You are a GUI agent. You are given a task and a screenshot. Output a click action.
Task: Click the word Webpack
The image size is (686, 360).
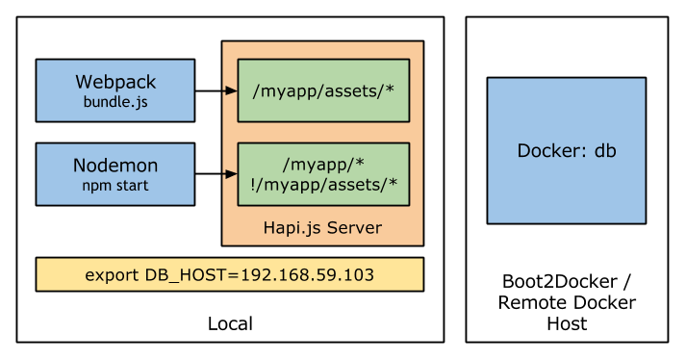tap(115, 82)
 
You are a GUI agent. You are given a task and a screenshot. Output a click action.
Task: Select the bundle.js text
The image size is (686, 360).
tap(115, 101)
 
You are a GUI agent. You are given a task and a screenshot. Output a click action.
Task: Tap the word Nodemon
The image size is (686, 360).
tap(115, 166)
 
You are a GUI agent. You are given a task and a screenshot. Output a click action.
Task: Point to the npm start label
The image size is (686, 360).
tap(115, 185)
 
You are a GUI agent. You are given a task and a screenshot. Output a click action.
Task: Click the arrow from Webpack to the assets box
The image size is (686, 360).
tap(229, 90)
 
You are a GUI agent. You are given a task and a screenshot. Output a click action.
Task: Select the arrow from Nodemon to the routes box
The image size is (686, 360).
tap(229, 174)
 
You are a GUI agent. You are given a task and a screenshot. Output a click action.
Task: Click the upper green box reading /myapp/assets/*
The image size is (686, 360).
tap(323, 90)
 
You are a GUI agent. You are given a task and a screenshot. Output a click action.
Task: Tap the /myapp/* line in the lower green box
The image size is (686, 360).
tap(323, 165)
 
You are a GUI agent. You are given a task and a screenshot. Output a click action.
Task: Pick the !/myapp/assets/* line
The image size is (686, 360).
tap(323, 184)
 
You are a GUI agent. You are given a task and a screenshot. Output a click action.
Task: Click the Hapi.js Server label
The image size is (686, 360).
tap(322, 228)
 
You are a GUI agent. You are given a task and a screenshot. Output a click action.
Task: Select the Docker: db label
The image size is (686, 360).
tap(567, 151)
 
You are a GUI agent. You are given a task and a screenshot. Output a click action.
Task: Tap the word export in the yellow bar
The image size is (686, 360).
tap(111, 275)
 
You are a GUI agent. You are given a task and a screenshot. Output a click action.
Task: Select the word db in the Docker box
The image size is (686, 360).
tap(604, 151)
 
